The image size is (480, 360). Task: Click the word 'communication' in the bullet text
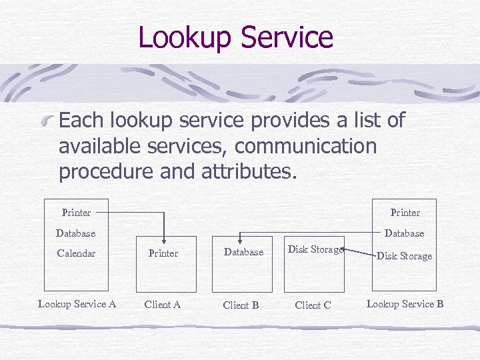[306, 145]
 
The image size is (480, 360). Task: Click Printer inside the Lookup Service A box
[76, 213]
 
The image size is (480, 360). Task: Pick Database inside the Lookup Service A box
[75, 233]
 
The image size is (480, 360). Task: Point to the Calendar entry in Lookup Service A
[76, 253]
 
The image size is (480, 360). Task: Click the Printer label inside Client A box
[163, 253]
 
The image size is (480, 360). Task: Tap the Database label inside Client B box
[243, 253]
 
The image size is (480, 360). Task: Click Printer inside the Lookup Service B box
[405, 213]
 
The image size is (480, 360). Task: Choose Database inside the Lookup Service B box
[404, 233]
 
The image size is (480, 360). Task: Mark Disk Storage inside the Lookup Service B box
[404, 256]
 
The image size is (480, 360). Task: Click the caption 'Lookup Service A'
[77, 304]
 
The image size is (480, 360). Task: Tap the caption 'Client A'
[163, 305]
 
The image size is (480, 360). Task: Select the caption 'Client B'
[241, 305]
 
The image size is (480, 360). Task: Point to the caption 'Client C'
[313, 305]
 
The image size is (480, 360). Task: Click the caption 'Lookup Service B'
[405, 304]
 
